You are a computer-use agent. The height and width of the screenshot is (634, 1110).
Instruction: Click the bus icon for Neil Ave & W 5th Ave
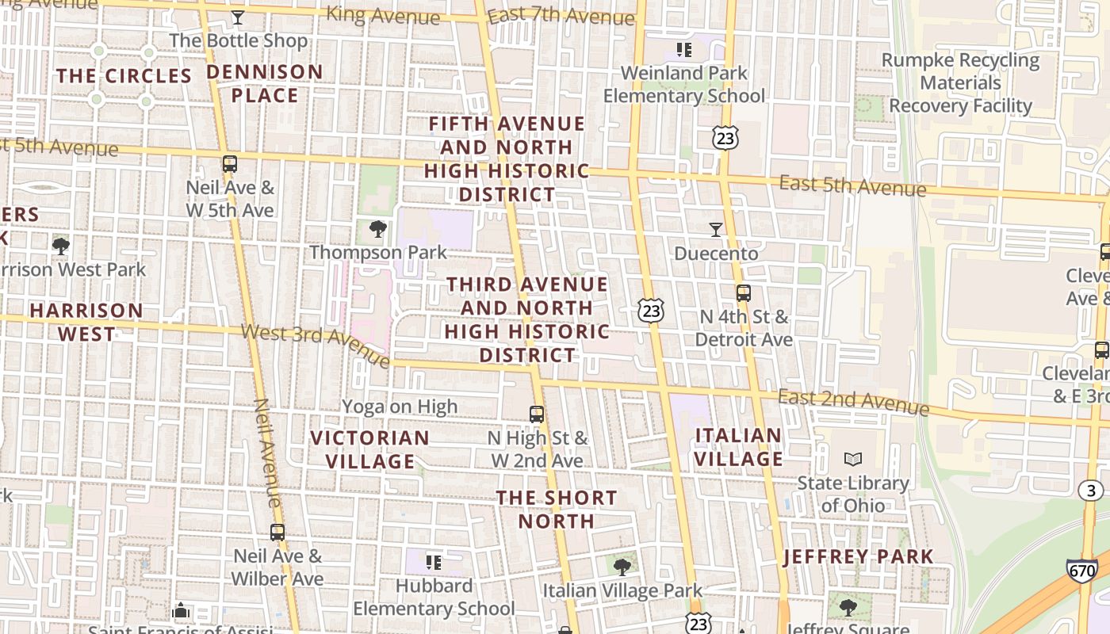230,164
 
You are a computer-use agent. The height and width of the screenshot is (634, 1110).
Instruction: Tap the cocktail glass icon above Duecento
716,230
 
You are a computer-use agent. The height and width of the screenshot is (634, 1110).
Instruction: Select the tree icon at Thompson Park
378,230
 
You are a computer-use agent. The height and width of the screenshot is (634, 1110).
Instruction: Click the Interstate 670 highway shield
1082,570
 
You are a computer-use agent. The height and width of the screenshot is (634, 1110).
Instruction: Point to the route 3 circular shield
1093,490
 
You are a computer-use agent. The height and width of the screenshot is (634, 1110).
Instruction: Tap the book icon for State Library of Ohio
853,460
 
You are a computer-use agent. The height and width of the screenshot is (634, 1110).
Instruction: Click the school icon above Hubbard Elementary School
434,563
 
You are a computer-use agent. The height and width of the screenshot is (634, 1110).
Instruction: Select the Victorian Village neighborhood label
369,449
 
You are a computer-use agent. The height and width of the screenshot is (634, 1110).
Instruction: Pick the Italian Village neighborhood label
739,447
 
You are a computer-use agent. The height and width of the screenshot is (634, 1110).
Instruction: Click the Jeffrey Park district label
859,556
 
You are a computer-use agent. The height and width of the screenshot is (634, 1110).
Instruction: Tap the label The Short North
557,509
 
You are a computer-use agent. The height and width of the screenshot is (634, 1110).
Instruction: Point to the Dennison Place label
265,83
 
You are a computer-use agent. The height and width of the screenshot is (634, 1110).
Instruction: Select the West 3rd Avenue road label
315,346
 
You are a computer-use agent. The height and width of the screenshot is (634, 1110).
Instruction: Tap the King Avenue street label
383,15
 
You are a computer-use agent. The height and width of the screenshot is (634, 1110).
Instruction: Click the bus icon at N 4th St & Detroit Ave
744,293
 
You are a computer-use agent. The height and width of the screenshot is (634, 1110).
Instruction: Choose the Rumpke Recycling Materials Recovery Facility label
960,82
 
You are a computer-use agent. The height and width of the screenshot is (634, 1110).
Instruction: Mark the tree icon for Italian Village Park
622,567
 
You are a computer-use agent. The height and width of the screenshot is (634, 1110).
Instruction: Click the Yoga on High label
400,407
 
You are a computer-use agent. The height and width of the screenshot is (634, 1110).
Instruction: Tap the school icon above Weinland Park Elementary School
684,51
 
